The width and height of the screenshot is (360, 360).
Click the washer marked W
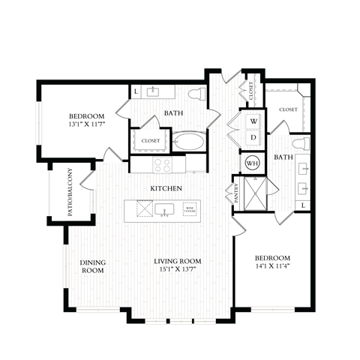[x=253, y=121]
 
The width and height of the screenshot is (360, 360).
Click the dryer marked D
[x=253, y=138]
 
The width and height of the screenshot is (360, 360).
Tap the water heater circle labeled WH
[x=251, y=162]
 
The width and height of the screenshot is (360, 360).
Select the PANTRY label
[x=237, y=192]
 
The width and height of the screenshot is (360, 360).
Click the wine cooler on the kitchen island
[x=190, y=211]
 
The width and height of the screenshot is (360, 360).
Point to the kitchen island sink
[x=164, y=211]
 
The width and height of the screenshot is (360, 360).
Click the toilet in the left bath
[x=197, y=94]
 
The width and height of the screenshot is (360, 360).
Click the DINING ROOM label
[x=92, y=266]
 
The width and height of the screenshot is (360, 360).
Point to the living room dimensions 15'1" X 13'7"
[x=178, y=270]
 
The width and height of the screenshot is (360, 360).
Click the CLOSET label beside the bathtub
[x=151, y=140]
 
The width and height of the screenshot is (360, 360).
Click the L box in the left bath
[x=136, y=91]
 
